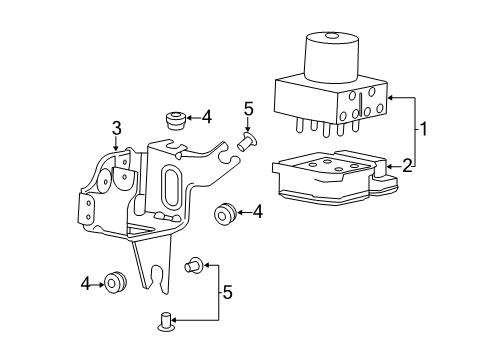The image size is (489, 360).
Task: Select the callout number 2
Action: click(407, 164)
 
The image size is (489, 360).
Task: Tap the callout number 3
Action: click(116, 127)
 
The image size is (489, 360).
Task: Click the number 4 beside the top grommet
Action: click(206, 117)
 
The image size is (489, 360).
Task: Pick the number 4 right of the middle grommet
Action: click(257, 211)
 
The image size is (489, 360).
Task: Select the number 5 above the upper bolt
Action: click(249, 109)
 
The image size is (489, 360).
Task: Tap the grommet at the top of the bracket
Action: click(176, 121)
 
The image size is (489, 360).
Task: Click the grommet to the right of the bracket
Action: click(224, 212)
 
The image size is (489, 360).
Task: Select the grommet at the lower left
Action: click(117, 284)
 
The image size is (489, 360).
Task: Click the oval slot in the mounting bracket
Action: click(168, 190)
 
